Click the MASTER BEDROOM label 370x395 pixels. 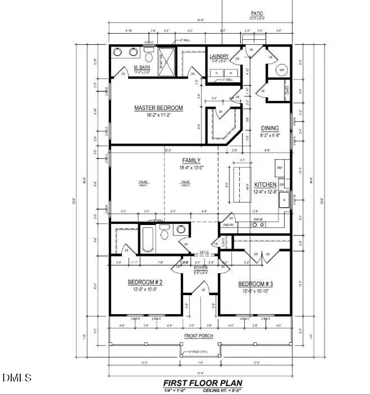[158, 108]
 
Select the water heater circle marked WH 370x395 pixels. [282, 70]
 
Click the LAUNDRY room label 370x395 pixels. [218, 57]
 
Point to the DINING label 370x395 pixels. [270, 128]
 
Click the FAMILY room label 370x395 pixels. [190, 160]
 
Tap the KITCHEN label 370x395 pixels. [265, 185]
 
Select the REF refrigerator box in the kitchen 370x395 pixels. [280, 167]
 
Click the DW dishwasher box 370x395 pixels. [281, 184]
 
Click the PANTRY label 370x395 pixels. [229, 224]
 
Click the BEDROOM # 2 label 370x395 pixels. [145, 282]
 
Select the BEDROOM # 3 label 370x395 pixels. [255, 283]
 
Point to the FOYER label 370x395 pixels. [200, 268]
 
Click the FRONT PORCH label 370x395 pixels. [199, 336]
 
